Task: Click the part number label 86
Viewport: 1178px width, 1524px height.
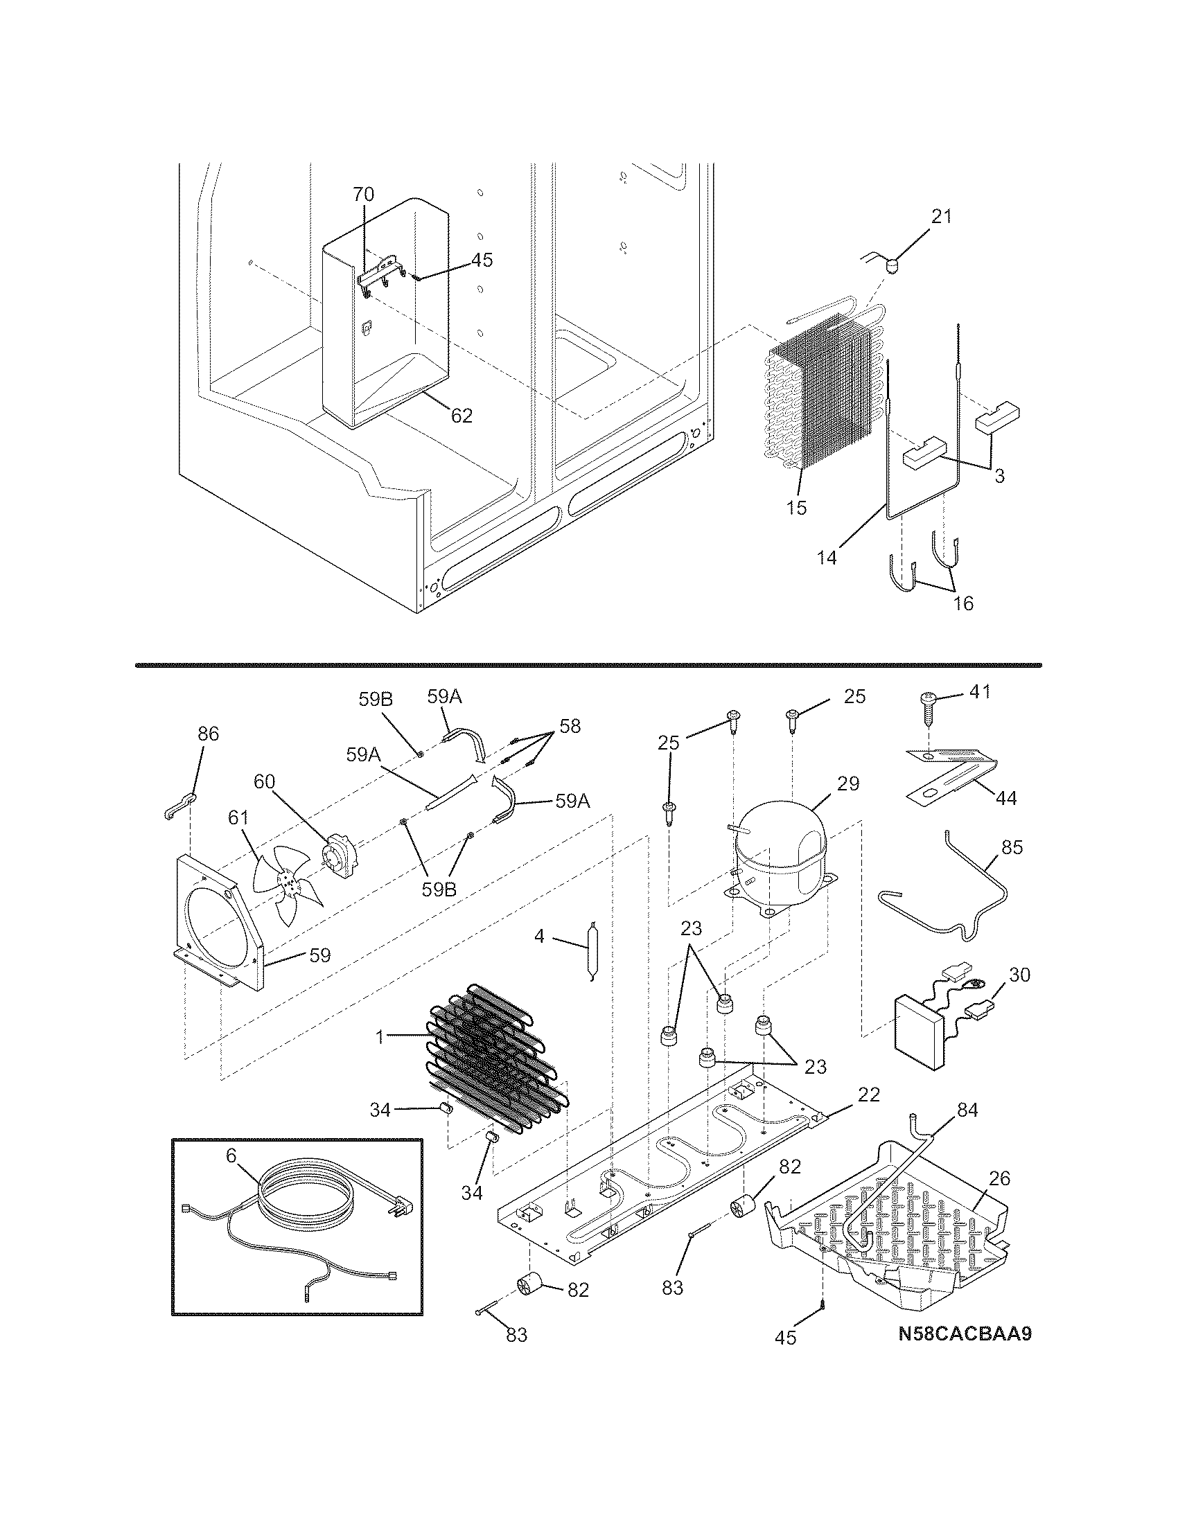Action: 208,734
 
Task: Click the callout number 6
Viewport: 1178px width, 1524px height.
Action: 231,1155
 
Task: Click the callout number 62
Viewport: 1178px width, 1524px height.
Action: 461,416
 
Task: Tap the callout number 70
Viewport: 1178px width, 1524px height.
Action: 363,195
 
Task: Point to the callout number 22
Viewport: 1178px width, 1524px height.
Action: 869,1094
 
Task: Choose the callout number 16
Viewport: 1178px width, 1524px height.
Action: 962,603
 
